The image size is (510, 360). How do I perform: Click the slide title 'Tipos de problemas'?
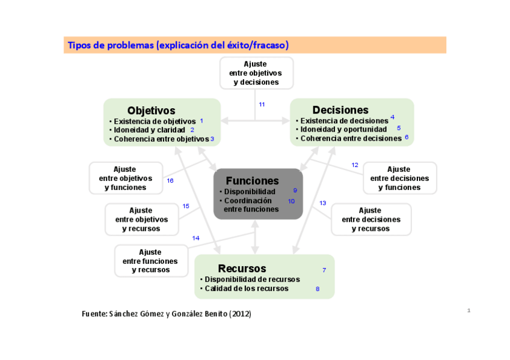pos(178,45)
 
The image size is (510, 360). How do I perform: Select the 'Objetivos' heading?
pos(151,111)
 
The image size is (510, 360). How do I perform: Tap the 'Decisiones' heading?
pos(340,110)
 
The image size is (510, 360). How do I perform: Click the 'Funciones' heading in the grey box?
pos(252,181)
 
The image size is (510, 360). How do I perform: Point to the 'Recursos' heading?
pos(242,269)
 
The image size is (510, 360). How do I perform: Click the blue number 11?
pos(262,105)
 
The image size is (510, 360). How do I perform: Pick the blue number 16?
pos(170,180)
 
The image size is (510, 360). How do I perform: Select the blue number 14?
pos(195,238)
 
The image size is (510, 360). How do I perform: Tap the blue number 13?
pos(323,203)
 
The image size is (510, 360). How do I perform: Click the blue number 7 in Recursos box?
pos(324,270)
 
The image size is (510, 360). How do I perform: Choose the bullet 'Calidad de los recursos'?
pos(246,288)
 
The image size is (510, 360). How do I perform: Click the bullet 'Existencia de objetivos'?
pos(155,121)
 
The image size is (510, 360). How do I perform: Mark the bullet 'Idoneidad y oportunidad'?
pos(343,129)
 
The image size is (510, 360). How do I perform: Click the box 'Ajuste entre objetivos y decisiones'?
pos(256,73)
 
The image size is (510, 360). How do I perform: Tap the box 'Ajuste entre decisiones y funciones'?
pos(399,178)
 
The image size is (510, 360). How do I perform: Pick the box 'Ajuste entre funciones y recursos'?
pos(150,261)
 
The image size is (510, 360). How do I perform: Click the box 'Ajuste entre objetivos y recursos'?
pos(141,219)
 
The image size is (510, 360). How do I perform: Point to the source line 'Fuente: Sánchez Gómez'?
pos(166,314)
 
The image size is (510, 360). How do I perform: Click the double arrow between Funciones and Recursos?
pos(255,237)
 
